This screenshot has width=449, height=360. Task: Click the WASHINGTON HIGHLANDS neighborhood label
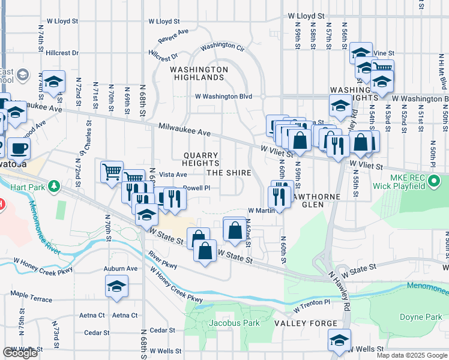[x=199, y=73]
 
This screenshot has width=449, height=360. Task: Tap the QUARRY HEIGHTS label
[x=200, y=159]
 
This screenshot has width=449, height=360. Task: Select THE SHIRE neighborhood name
[x=229, y=173]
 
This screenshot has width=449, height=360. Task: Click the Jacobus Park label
[x=234, y=323]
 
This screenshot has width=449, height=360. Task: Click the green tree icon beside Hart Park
[x=54, y=186]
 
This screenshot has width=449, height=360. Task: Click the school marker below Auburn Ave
[x=116, y=287]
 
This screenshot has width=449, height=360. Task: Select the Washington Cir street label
[x=223, y=46]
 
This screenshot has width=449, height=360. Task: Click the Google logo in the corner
[x=20, y=353]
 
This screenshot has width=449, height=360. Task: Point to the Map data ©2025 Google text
[x=411, y=355]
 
